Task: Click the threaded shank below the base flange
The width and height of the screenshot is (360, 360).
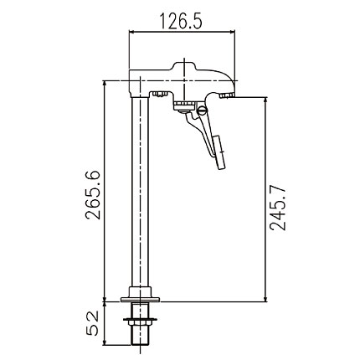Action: [139, 335]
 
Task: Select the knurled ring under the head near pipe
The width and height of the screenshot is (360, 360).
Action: [157, 94]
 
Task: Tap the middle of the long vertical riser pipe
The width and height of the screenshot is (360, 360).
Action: [139, 193]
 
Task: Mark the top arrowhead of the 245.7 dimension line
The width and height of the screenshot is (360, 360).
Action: [265, 97]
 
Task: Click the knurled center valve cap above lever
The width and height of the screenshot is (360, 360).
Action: [183, 105]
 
